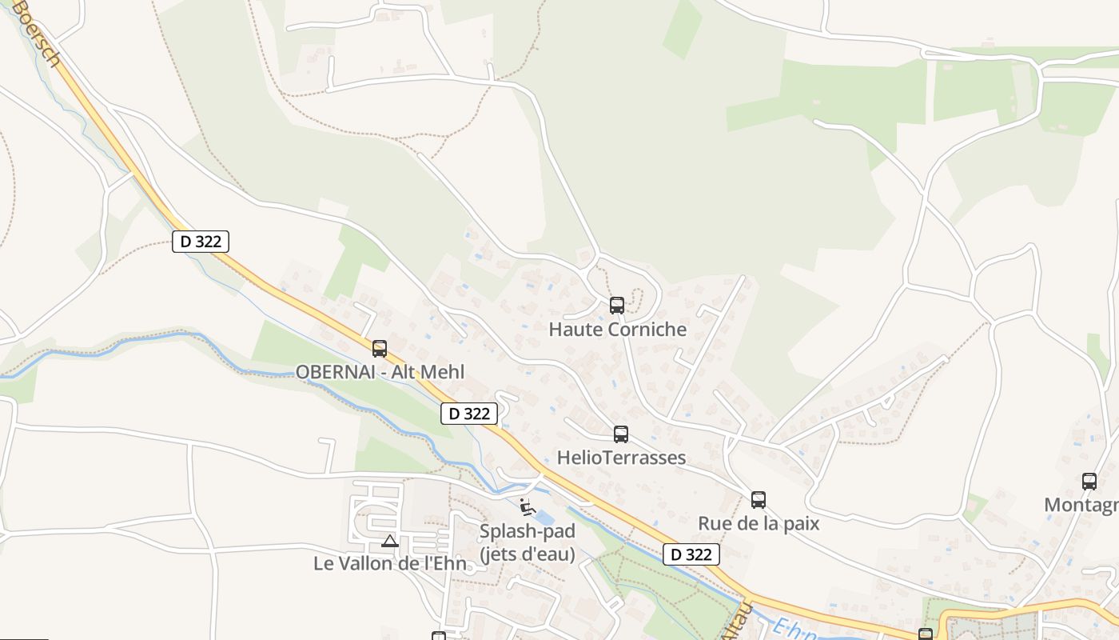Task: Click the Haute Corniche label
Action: pos(617,329)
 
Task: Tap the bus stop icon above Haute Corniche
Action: pos(616,305)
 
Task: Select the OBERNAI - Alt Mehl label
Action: pos(380,372)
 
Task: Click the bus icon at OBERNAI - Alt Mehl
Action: pos(380,348)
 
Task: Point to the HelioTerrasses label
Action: pos(621,458)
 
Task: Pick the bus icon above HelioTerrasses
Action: pos(621,434)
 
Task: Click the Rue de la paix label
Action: pos(759,523)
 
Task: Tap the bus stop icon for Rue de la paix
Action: pos(759,500)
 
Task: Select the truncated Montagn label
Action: pos(1081,505)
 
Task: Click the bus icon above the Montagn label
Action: pos(1089,481)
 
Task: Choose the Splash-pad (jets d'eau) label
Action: pos(528,542)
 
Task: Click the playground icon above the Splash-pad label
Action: pos(527,506)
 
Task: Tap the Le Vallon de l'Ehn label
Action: pos(389,563)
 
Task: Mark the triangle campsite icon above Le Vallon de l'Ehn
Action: pos(389,541)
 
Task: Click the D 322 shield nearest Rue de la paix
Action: pos(691,554)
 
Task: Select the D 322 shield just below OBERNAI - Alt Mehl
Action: pos(469,414)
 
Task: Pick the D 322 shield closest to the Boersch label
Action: pos(201,241)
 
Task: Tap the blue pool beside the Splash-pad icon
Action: pos(541,517)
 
